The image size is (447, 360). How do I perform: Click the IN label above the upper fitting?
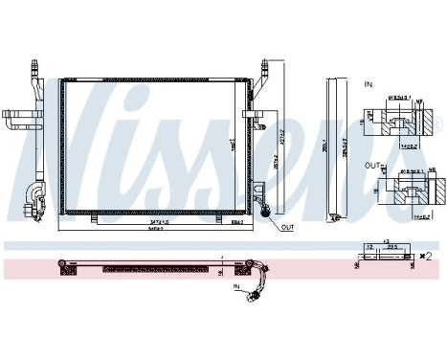(367, 85)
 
